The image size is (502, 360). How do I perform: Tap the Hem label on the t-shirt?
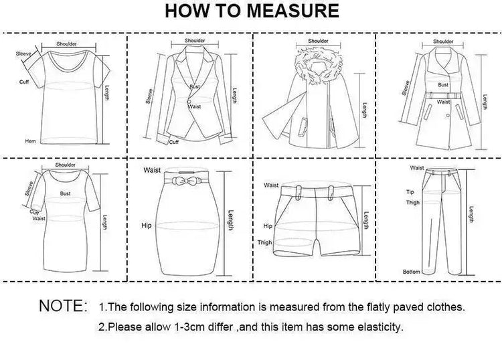(x=30, y=141)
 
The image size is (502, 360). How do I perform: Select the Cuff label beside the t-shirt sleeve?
(x=24, y=82)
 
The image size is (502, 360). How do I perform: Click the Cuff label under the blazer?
(x=174, y=142)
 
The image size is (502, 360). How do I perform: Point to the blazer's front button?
(x=189, y=102)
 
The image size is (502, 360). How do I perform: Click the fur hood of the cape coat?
(x=318, y=66)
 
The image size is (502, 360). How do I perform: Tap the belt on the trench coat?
(x=443, y=96)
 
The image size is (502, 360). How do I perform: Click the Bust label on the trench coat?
(x=443, y=85)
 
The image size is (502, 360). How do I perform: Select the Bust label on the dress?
(x=65, y=193)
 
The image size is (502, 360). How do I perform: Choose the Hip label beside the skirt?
(x=147, y=226)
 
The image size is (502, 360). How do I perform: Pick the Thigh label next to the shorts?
(x=265, y=242)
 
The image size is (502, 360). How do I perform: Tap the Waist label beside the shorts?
(x=271, y=185)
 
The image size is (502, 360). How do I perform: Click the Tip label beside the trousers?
(x=410, y=192)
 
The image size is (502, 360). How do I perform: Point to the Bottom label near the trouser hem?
(x=412, y=272)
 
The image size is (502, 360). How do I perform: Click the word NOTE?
(x=63, y=306)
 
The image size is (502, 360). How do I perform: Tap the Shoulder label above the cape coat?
(x=318, y=41)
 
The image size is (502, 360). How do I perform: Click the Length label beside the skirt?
(x=230, y=220)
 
